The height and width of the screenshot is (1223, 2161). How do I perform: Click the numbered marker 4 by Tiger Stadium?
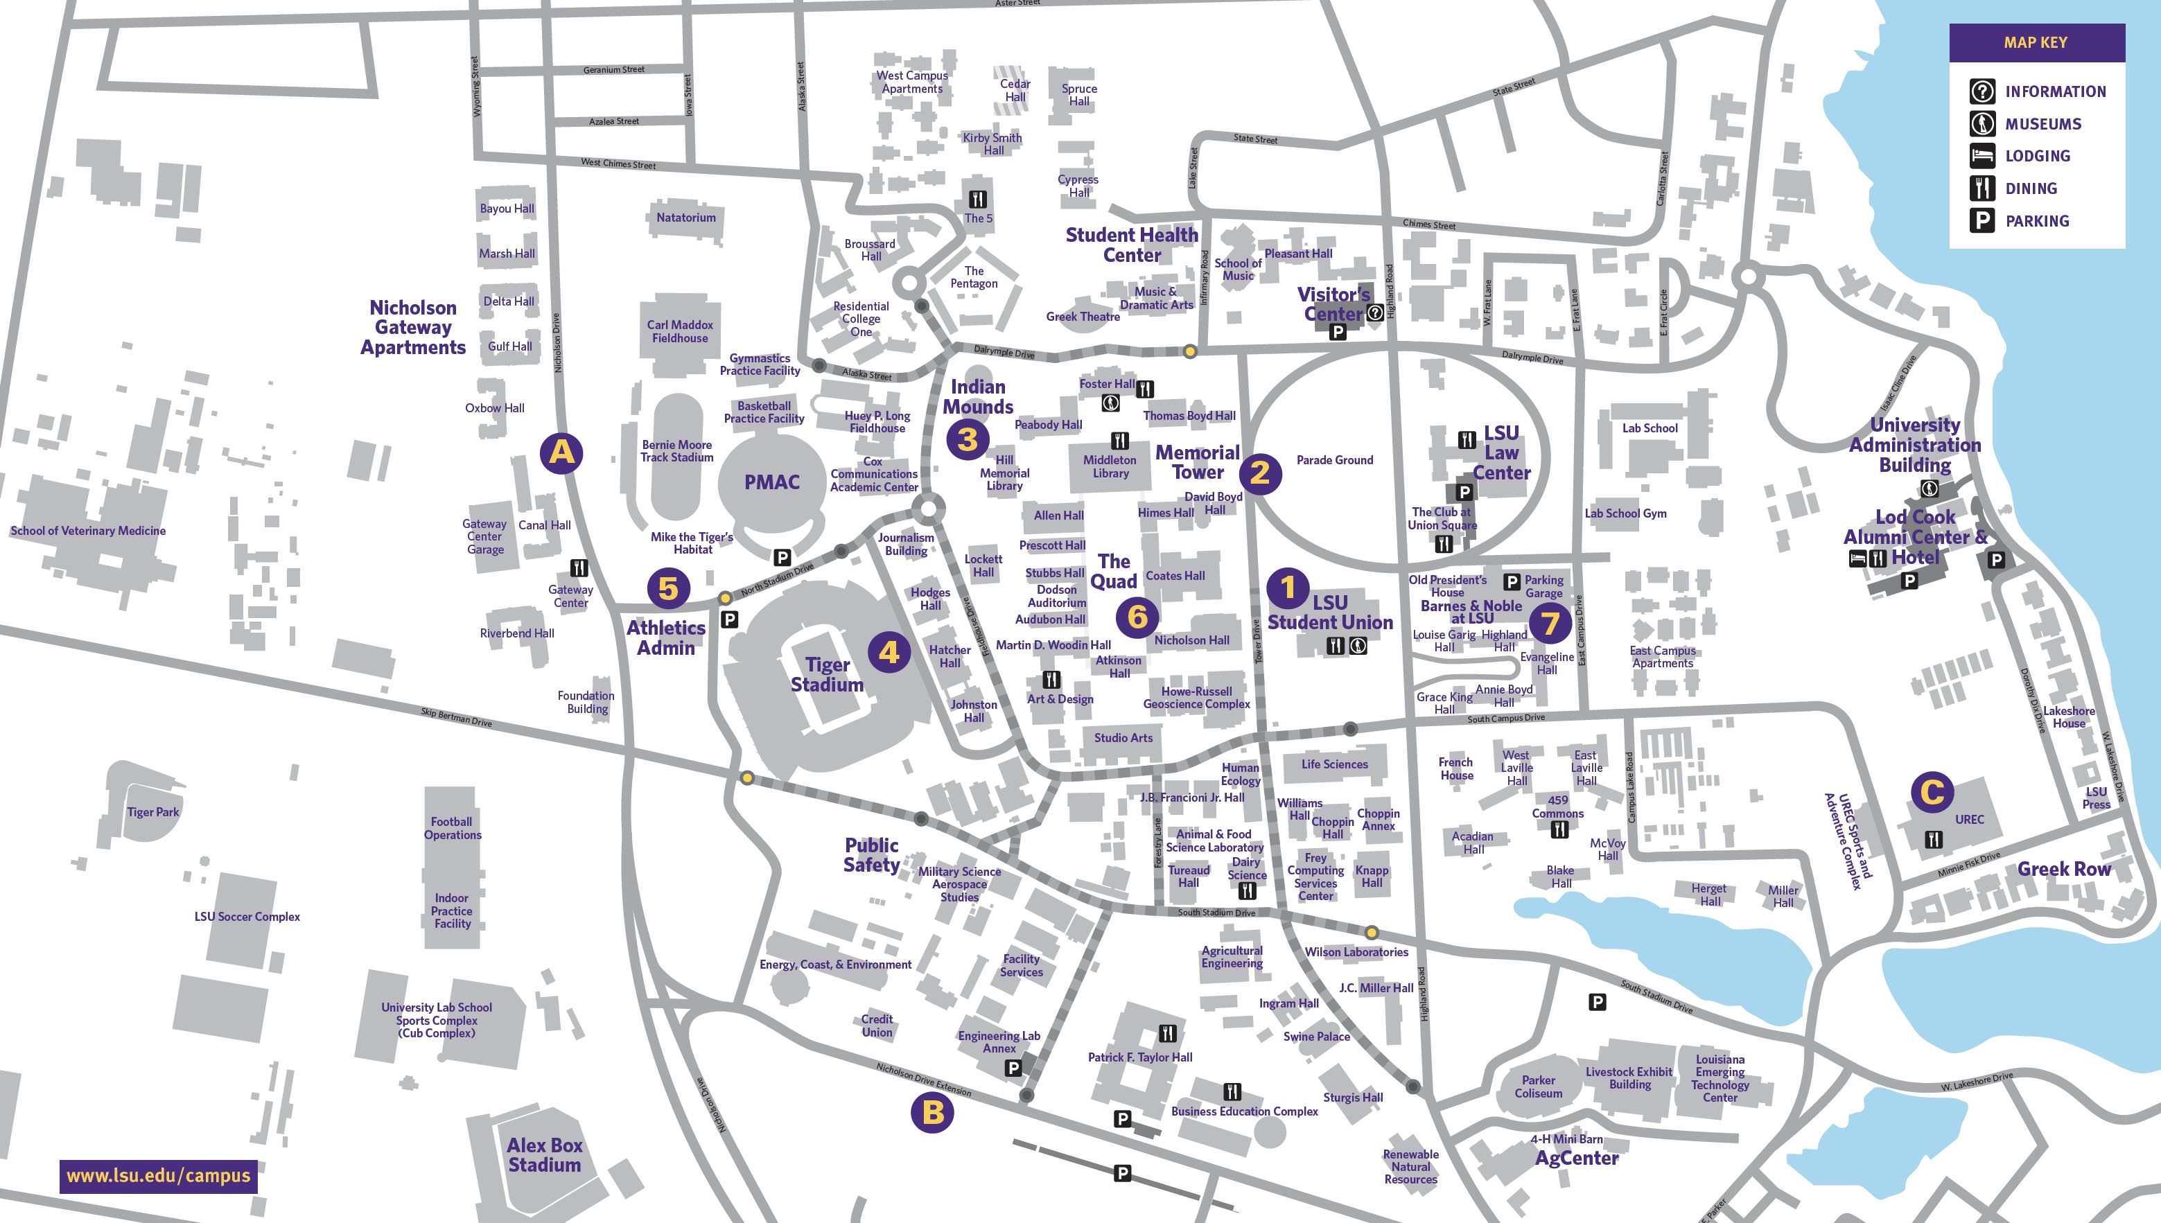coord(889,652)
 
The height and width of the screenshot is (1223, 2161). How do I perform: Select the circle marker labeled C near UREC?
coord(1932,791)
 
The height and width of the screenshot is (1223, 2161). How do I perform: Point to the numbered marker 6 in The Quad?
coord(1137,617)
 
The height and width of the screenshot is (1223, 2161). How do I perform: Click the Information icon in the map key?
coord(1982,91)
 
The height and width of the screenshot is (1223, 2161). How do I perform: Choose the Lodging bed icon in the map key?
coord(1982,155)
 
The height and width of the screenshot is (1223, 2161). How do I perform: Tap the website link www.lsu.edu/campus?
coord(158,1175)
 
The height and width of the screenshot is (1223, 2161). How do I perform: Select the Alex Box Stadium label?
coord(544,1155)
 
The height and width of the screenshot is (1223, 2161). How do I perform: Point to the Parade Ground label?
coord(1335,460)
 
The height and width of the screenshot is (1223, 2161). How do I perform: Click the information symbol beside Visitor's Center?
coord(1375,313)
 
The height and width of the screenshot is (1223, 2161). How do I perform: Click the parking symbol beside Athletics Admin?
coord(729,620)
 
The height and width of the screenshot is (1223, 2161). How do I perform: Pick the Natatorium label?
coord(686,218)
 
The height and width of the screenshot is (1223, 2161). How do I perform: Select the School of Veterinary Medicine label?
coord(88,531)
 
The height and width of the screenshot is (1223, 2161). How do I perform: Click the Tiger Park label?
coord(153,812)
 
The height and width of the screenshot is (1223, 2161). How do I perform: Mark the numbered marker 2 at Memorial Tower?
coord(1259,472)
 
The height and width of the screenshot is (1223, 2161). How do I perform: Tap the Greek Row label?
coord(2063,870)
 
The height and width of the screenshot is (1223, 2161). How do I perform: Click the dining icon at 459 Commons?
coord(1559,830)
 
